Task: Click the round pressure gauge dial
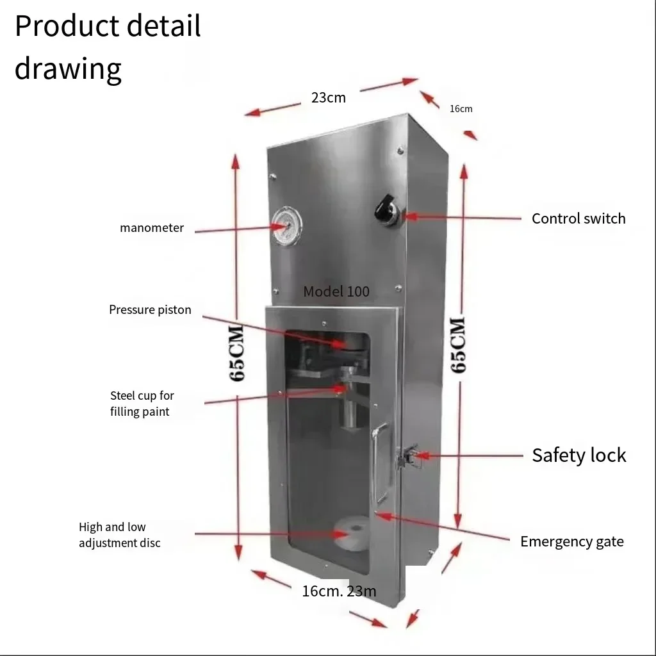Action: coord(286,226)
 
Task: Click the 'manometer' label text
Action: coord(152,228)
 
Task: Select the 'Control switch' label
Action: coord(578,218)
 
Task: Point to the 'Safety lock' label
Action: coord(578,455)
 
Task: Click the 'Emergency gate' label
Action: coord(571,542)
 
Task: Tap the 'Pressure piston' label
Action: coord(150,310)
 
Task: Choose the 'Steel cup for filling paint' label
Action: coord(142,404)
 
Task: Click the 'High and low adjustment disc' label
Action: coord(119,535)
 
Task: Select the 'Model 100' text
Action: coord(336,291)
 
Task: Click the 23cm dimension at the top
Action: coord(328,98)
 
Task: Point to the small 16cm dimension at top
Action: coord(461,109)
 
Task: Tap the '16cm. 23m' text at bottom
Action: coord(339,591)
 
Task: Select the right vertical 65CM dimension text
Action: coord(459,344)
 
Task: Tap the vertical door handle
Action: coord(382,463)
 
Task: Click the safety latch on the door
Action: coord(406,457)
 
